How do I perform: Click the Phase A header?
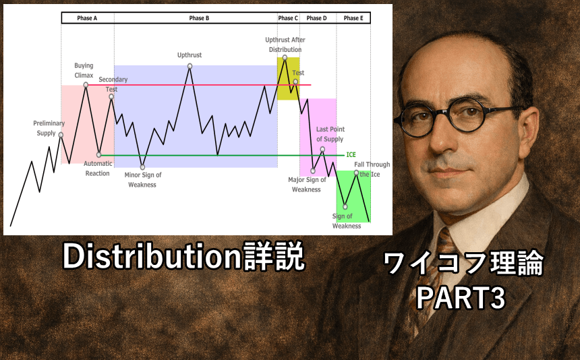click(x=87, y=18)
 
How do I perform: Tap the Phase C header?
click(x=287, y=18)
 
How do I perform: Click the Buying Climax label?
click(x=84, y=70)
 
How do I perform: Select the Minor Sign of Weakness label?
click(x=142, y=180)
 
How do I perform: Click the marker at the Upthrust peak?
click(x=190, y=66)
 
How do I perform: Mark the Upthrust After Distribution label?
click(x=285, y=44)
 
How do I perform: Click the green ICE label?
click(x=351, y=154)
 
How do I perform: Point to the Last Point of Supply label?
click(x=330, y=134)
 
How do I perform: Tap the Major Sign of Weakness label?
click(x=306, y=185)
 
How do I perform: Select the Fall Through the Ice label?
click(x=372, y=169)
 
